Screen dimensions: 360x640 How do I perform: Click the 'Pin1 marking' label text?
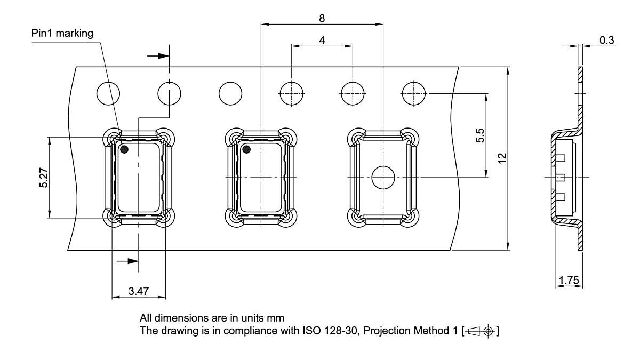pyautogui.click(x=62, y=34)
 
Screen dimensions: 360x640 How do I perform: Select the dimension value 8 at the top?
pyautogui.click(x=322, y=18)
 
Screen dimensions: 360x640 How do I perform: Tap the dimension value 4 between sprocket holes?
pyautogui.click(x=322, y=40)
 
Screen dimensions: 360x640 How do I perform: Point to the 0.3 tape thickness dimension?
pyautogui.click(x=606, y=41)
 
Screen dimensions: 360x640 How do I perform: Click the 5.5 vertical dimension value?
pyautogui.click(x=479, y=135)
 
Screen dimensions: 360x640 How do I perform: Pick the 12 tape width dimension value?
pyautogui.click(x=501, y=158)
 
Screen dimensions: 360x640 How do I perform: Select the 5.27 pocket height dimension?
pyautogui.click(x=43, y=178)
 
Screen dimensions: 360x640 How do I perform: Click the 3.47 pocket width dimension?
pyautogui.click(x=138, y=291)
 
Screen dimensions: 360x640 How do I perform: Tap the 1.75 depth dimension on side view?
pyautogui.click(x=568, y=280)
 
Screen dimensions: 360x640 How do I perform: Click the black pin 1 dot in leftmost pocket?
pyautogui.click(x=124, y=149)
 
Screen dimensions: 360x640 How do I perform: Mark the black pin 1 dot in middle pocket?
pyautogui.click(x=246, y=149)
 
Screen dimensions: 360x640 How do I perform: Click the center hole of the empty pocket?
pyautogui.click(x=382, y=177)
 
